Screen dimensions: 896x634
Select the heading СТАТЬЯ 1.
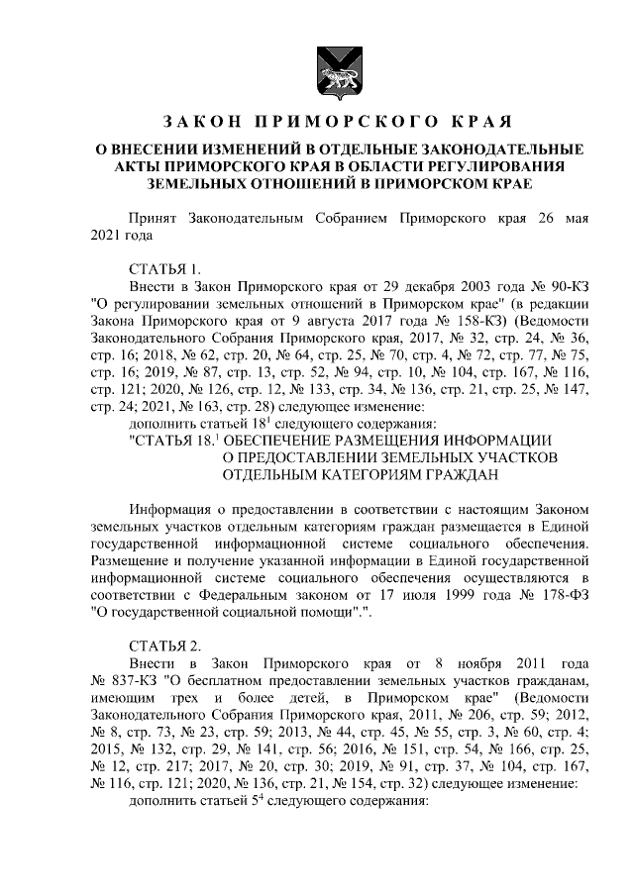point(165,269)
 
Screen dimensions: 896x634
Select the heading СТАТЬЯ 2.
point(165,646)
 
